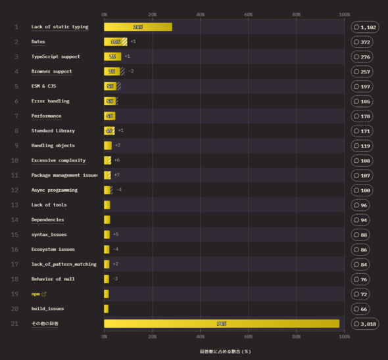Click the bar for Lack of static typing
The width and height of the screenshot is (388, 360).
pos(138,27)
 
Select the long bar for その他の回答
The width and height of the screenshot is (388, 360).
pos(222,323)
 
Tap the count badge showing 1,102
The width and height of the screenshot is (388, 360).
pos(365,27)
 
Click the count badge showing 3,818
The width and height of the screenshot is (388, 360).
pos(365,323)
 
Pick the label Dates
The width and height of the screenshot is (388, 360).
pos(38,41)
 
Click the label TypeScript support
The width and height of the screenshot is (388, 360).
pos(55,56)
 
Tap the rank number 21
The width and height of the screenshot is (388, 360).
pos(14,323)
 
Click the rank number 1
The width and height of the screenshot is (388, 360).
pos(15,27)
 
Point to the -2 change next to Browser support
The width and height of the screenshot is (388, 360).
pos(131,71)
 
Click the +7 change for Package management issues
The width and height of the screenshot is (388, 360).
pos(116,175)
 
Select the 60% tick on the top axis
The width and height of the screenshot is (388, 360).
pos(248,14)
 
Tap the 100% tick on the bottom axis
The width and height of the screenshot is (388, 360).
pos(343,336)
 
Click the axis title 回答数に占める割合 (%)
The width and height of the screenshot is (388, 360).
pos(225,351)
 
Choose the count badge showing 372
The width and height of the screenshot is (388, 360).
pos(365,41)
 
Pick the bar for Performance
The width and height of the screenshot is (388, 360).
pos(109,116)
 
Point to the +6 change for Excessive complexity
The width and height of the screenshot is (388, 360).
pos(116,160)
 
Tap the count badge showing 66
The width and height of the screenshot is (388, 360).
pos(365,308)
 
